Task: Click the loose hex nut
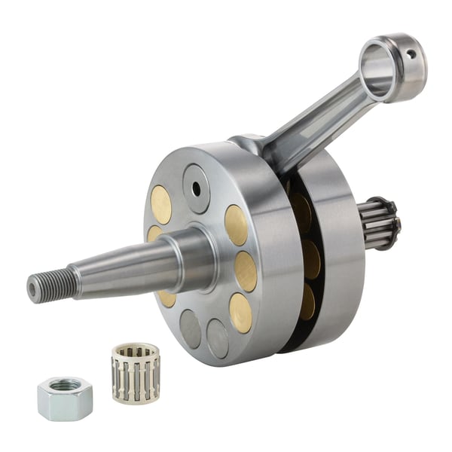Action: (x=65, y=398)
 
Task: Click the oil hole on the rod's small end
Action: (x=410, y=54)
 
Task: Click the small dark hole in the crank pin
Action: (x=197, y=190)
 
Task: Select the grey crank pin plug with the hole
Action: (x=197, y=189)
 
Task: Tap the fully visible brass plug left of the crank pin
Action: (x=160, y=205)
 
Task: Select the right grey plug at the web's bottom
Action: (x=218, y=337)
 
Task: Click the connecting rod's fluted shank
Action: (x=316, y=124)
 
